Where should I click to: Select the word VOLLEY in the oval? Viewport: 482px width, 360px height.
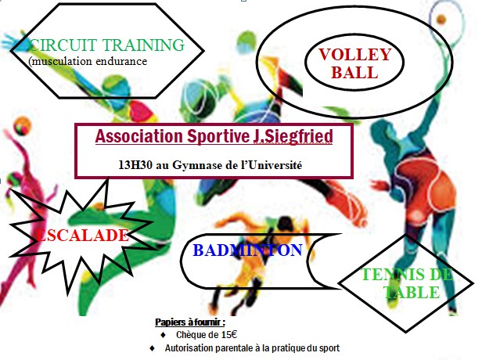(354, 55)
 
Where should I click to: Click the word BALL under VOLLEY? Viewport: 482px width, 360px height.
(354, 73)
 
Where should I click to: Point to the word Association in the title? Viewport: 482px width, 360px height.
(139, 136)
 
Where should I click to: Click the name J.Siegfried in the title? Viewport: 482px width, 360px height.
(293, 136)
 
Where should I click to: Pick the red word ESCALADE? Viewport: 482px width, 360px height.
(82, 236)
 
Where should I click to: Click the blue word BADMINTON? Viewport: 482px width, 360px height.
(248, 250)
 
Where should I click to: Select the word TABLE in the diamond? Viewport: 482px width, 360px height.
(412, 292)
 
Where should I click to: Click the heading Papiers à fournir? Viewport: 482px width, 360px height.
(190, 322)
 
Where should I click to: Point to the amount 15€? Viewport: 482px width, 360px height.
(229, 334)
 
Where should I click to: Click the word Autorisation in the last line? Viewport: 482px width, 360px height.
(189, 348)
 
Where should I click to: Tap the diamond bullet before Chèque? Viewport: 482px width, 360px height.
(164, 335)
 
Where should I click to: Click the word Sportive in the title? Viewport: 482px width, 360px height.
(218, 136)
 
